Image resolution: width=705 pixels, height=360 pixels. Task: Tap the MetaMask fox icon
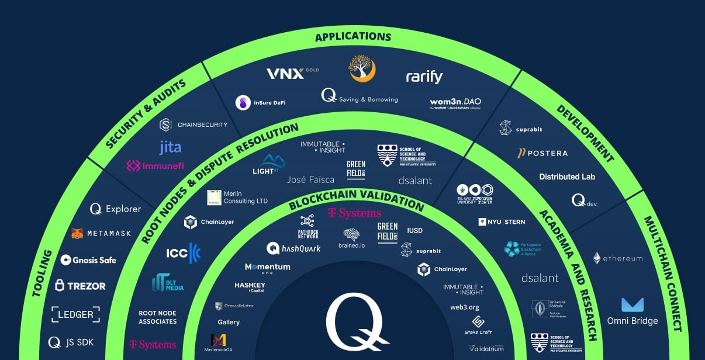(77, 233)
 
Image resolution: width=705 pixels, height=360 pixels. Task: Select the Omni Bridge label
(632, 321)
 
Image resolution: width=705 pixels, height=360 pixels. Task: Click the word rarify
(424, 77)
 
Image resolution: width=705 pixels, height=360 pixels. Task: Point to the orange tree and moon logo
(362, 69)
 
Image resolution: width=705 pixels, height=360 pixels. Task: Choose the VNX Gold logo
(292, 74)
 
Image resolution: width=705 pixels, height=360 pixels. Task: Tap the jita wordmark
(170, 147)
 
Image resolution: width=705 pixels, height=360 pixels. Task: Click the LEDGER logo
(75, 314)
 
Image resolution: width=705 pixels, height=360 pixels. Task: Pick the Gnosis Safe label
(88, 260)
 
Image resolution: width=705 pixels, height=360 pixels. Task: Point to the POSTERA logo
(542, 153)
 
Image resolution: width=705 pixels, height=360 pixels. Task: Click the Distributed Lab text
(567, 176)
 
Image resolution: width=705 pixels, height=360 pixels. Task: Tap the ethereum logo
(617, 258)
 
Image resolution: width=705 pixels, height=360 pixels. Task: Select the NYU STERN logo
(502, 222)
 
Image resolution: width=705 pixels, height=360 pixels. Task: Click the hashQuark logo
(293, 248)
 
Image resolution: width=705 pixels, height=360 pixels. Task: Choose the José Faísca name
(310, 179)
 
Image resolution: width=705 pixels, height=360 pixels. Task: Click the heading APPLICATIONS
(353, 37)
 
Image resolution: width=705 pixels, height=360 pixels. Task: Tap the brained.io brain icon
(351, 234)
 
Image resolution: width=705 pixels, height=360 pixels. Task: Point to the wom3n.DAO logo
(455, 103)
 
